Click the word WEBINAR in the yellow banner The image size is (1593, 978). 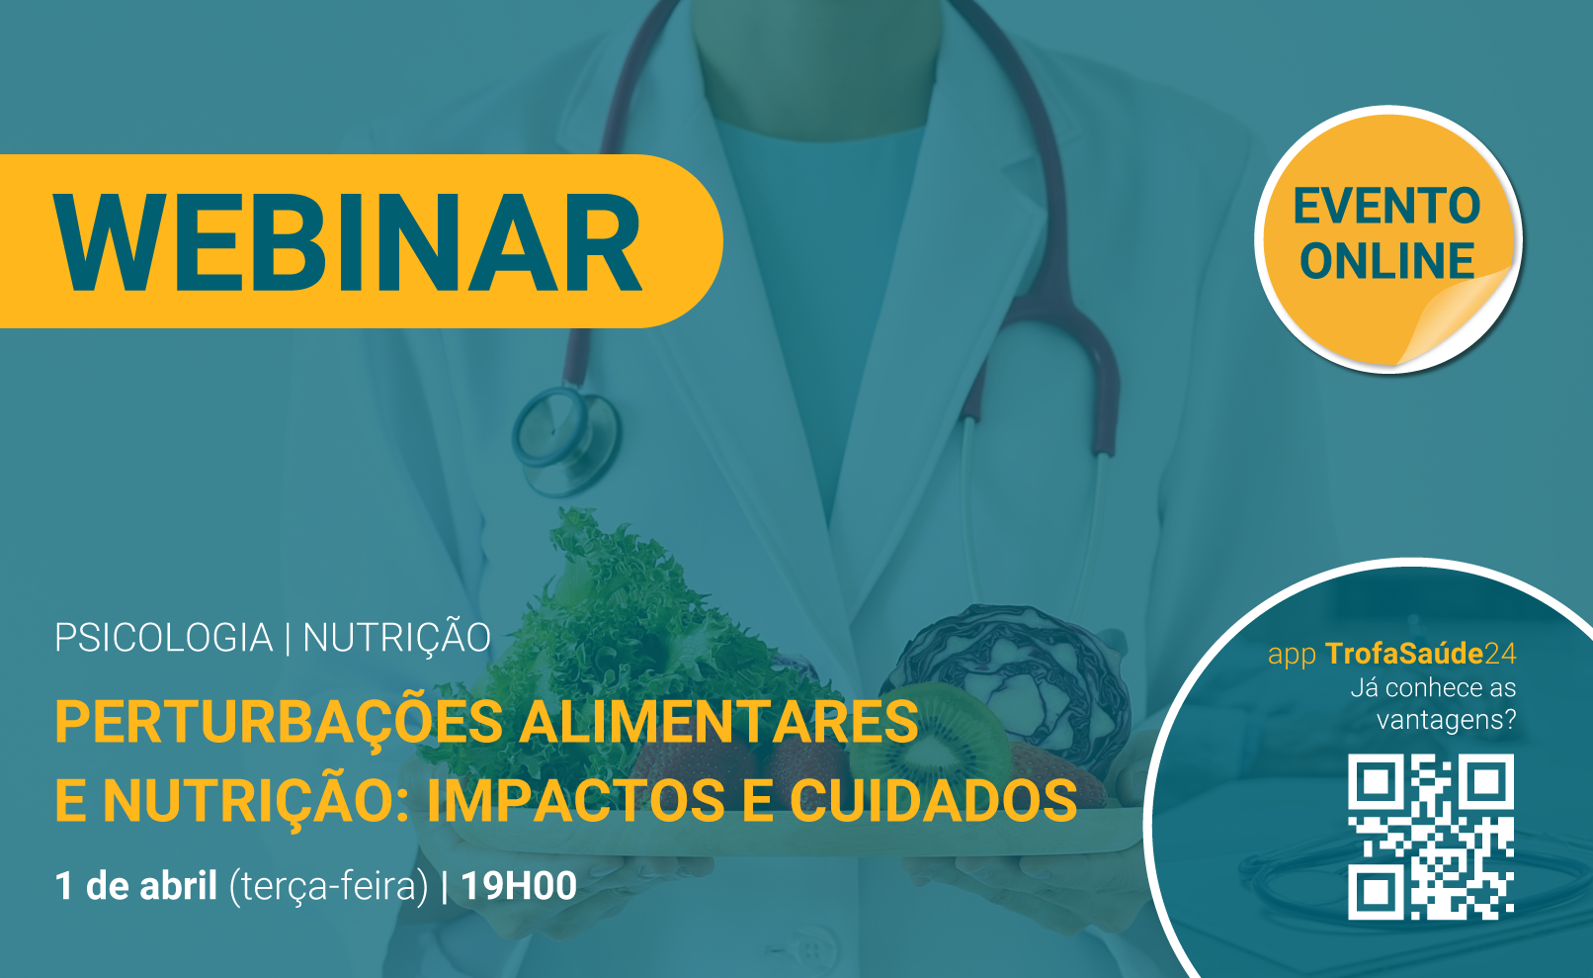click(348, 242)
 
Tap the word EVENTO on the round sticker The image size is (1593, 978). click(1386, 207)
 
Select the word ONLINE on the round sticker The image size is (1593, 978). click(1386, 260)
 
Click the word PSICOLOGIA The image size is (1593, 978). click(164, 637)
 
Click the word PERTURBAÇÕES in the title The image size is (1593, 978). click(280, 723)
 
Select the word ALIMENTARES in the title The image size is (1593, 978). click(719, 721)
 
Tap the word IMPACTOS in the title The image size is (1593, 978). click(575, 800)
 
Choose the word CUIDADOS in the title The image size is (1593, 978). click(934, 800)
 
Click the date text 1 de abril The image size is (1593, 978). click(135, 885)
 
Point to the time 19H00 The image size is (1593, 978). click(519, 886)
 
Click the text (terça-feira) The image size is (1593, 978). click(328, 887)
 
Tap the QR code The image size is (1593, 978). click(1430, 837)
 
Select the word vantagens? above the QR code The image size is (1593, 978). click(1447, 720)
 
